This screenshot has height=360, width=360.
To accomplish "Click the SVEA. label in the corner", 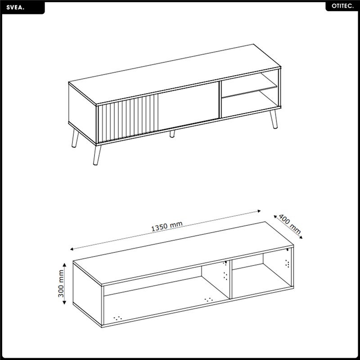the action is pyautogui.click(x=15, y=8).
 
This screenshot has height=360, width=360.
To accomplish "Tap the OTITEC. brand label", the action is pyautogui.click(x=342, y=6).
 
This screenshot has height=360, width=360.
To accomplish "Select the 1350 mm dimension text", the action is pyautogui.click(x=167, y=226).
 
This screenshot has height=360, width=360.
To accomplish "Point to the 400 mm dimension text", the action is pyautogui.click(x=289, y=224).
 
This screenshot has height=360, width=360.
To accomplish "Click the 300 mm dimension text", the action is pyautogui.click(x=61, y=283).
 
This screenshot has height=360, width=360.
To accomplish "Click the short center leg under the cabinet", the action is pyautogui.click(x=172, y=134).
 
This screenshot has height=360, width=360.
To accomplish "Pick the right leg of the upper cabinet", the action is pyautogui.click(x=274, y=119).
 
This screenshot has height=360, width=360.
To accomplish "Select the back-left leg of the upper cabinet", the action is pyautogui.click(x=75, y=138).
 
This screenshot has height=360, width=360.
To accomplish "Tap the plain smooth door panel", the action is pyautogui.click(x=188, y=106).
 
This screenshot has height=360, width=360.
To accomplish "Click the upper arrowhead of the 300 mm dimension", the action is pyautogui.click(x=64, y=265).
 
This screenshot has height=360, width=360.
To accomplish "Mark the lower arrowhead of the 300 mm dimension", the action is pyautogui.click(x=64, y=302).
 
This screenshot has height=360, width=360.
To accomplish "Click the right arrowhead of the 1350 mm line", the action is pyautogui.click(x=259, y=211).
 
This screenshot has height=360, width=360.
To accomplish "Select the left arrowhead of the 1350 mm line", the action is pyautogui.click(x=72, y=249).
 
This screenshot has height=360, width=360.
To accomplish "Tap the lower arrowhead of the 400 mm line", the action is pyautogui.click(x=301, y=237).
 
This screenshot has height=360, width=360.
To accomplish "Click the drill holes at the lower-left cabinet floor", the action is pyautogui.click(x=118, y=318).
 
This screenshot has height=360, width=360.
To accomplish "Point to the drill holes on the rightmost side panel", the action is pyautogui.click(x=287, y=263).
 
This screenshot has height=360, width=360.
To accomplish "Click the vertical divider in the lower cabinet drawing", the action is pyautogui.click(x=231, y=279).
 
